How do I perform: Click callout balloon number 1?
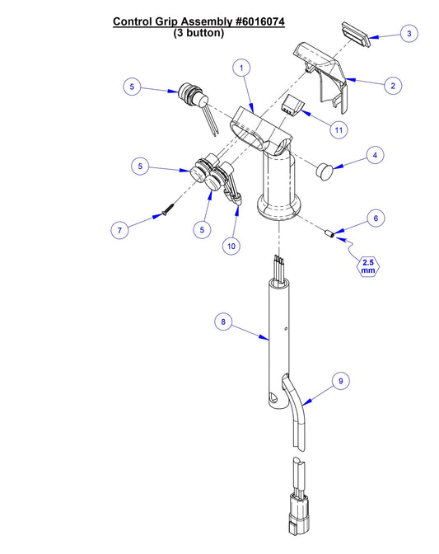click(x=241, y=68)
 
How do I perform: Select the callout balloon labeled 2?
click(x=395, y=85)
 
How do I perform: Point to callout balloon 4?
click(x=375, y=154)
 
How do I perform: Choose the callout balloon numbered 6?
click(x=375, y=218)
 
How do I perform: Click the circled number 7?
click(x=121, y=231)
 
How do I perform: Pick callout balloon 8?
click(x=221, y=322)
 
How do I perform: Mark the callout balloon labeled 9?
click(x=339, y=381)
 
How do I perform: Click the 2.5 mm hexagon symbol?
click(x=367, y=266)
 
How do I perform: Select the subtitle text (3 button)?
click(x=198, y=34)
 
